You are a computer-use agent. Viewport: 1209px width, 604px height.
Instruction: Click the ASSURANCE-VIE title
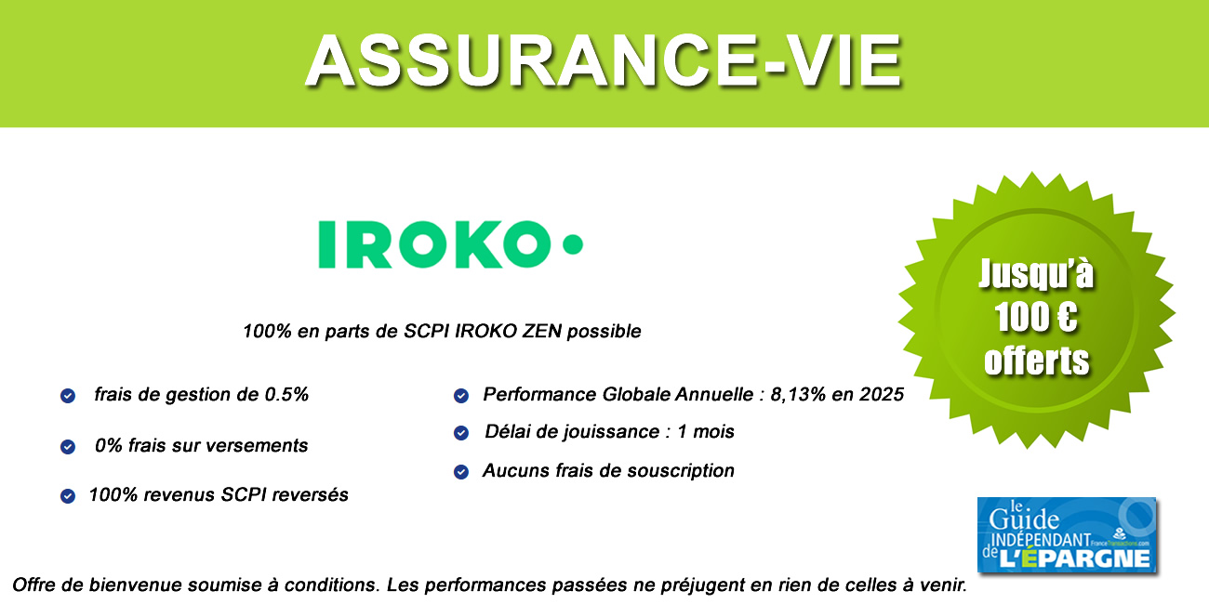coord(604,59)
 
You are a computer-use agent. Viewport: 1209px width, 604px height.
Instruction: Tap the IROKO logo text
coord(429,244)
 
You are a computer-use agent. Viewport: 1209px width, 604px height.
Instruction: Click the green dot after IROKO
coord(573,244)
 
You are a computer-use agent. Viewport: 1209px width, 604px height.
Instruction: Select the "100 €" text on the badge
coord(1036,318)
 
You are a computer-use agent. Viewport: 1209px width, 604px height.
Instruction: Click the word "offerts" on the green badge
coord(1036,360)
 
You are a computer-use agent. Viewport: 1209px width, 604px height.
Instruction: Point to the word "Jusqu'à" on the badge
coord(1036,274)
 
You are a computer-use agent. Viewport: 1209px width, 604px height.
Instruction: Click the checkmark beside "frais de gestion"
coord(68,396)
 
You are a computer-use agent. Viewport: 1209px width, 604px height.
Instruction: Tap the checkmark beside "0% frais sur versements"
coord(68,447)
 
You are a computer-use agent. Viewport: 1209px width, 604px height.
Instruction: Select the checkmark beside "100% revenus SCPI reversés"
coord(68,496)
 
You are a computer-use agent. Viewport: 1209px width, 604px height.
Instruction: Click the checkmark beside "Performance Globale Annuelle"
coord(460,396)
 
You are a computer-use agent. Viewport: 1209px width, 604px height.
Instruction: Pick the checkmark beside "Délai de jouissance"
coord(460,433)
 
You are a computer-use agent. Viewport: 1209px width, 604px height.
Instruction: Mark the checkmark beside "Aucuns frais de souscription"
coord(460,472)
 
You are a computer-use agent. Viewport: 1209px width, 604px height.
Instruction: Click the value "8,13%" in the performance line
coord(796,395)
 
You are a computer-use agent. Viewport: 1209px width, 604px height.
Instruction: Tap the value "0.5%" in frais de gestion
coord(285,395)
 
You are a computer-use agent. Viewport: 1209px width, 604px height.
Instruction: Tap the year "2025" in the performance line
coord(879,395)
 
